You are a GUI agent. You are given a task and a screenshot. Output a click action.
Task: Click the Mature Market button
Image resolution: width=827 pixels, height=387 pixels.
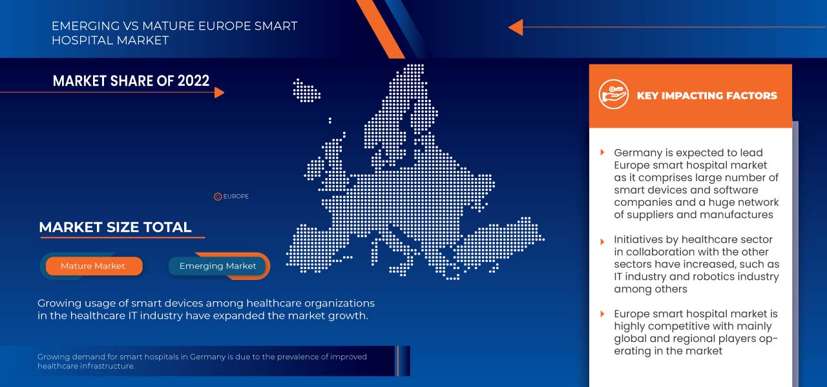coord(93,266)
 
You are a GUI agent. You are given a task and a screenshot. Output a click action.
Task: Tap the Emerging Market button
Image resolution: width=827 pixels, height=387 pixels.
coord(218,266)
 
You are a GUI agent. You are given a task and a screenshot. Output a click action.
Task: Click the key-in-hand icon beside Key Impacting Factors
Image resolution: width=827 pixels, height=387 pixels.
coord(613,95)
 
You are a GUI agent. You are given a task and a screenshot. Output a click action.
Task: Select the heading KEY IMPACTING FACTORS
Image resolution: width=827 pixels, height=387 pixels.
coord(707,95)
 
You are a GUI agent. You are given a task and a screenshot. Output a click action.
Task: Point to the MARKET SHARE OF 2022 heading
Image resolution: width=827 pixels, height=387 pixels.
coord(131,81)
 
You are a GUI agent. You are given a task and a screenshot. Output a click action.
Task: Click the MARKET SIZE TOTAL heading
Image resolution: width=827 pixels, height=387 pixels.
coord(115,227)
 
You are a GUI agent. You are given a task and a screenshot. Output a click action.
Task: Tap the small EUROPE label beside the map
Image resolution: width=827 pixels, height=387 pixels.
coord(236,197)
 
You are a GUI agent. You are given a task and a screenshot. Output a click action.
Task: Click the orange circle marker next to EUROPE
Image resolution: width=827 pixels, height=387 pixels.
coord(218,197)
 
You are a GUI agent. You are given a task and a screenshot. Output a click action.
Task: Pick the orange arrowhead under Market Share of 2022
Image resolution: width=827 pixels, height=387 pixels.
coord(219,92)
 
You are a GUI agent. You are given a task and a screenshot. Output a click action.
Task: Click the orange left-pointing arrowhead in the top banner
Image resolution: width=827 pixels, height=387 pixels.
coord(515,27)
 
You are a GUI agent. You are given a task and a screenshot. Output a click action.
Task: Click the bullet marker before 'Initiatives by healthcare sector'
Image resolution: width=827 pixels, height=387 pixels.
coord(602,239)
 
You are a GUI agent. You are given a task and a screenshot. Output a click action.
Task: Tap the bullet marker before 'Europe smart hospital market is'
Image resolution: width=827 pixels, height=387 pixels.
coord(602,314)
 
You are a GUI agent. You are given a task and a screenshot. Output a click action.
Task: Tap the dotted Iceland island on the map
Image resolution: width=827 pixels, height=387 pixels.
coord(306,90)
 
